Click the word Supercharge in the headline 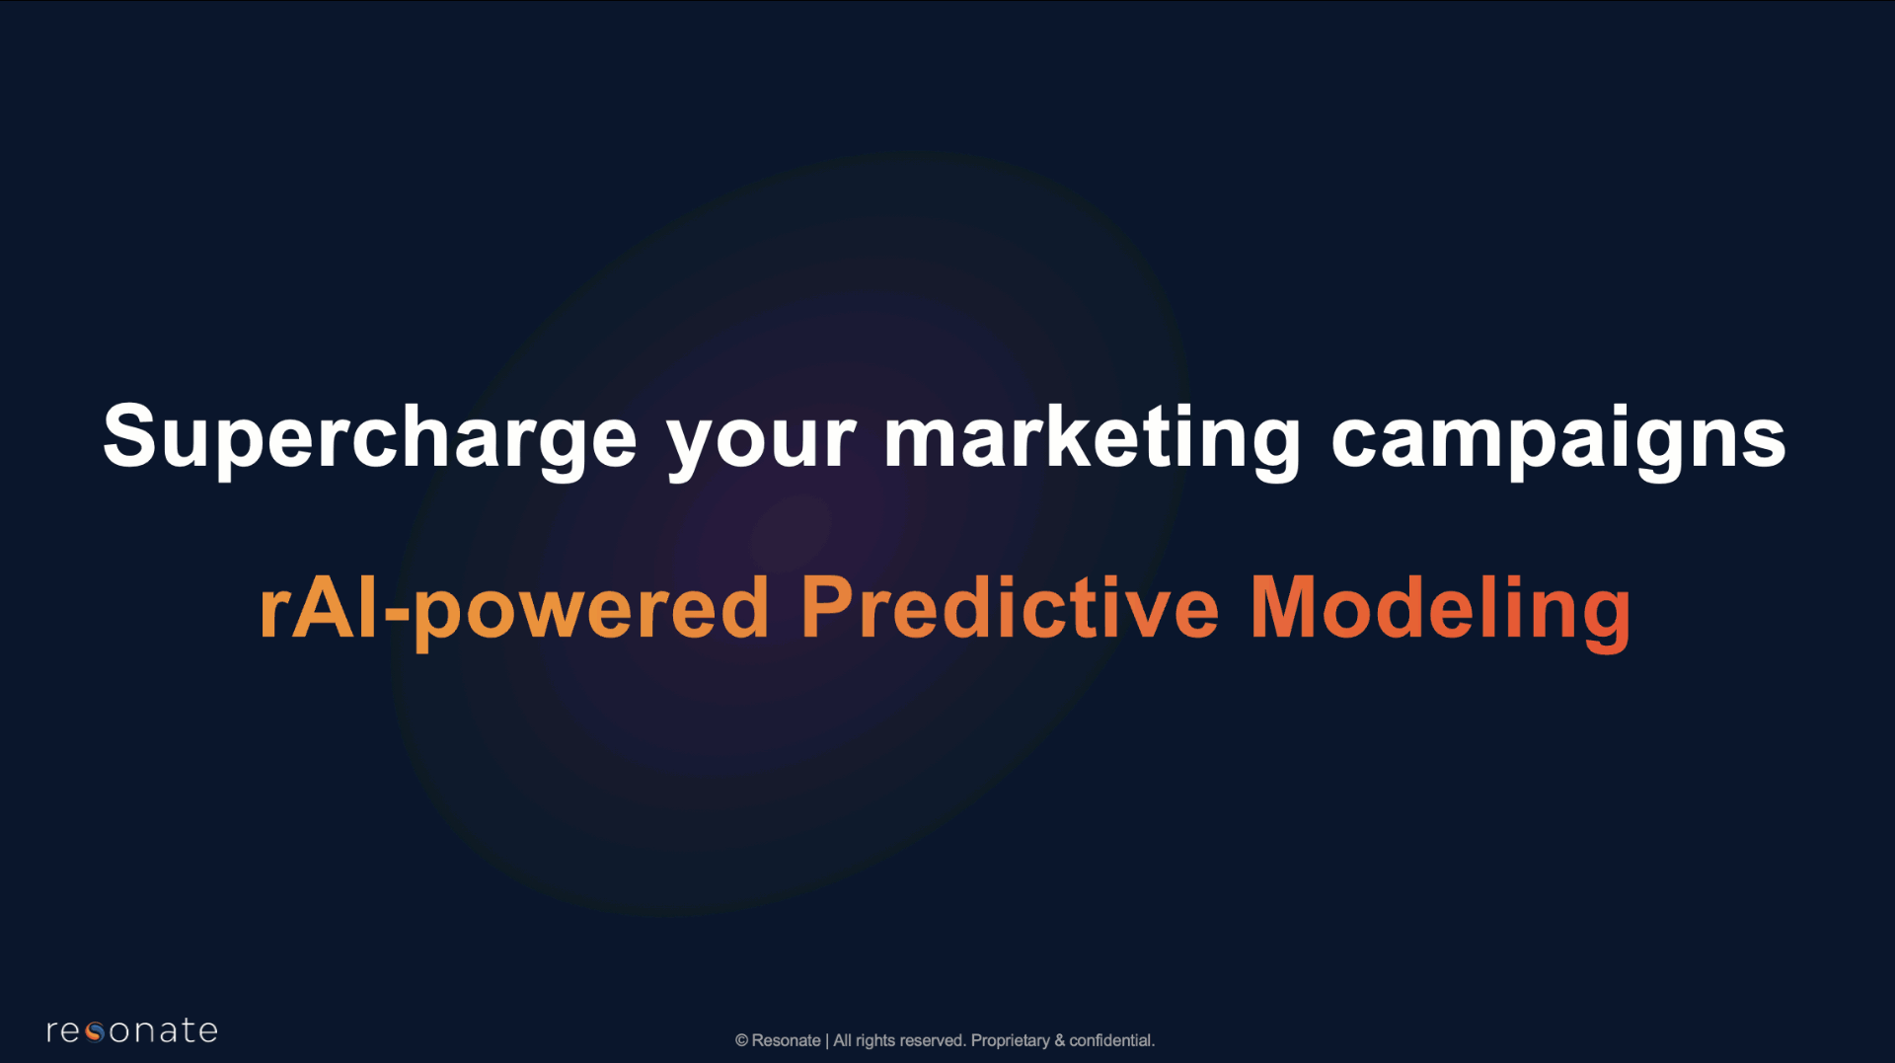[370, 439]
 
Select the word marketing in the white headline [1093, 439]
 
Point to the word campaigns [1558, 441]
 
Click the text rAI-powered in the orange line [513, 610]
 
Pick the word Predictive [1010, 607]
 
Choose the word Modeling [1440, 610]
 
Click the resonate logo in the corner [131, 1030]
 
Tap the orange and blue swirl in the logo [95, 1032]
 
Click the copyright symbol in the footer [741, 1040]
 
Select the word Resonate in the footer [786, 1040]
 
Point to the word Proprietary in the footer [1010, 1041]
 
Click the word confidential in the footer [1110, 1040]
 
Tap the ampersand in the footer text [1059, 1040]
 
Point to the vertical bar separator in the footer [827, 1041]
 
